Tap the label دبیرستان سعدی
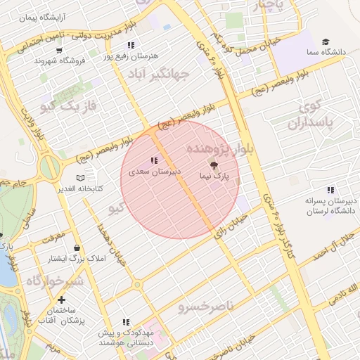154,171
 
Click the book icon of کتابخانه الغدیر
80,178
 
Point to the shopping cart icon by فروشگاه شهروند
59,51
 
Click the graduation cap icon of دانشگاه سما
325,42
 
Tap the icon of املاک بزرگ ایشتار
76,248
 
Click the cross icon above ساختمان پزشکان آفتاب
62,300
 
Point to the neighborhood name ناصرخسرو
205,307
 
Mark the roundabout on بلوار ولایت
50,168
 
